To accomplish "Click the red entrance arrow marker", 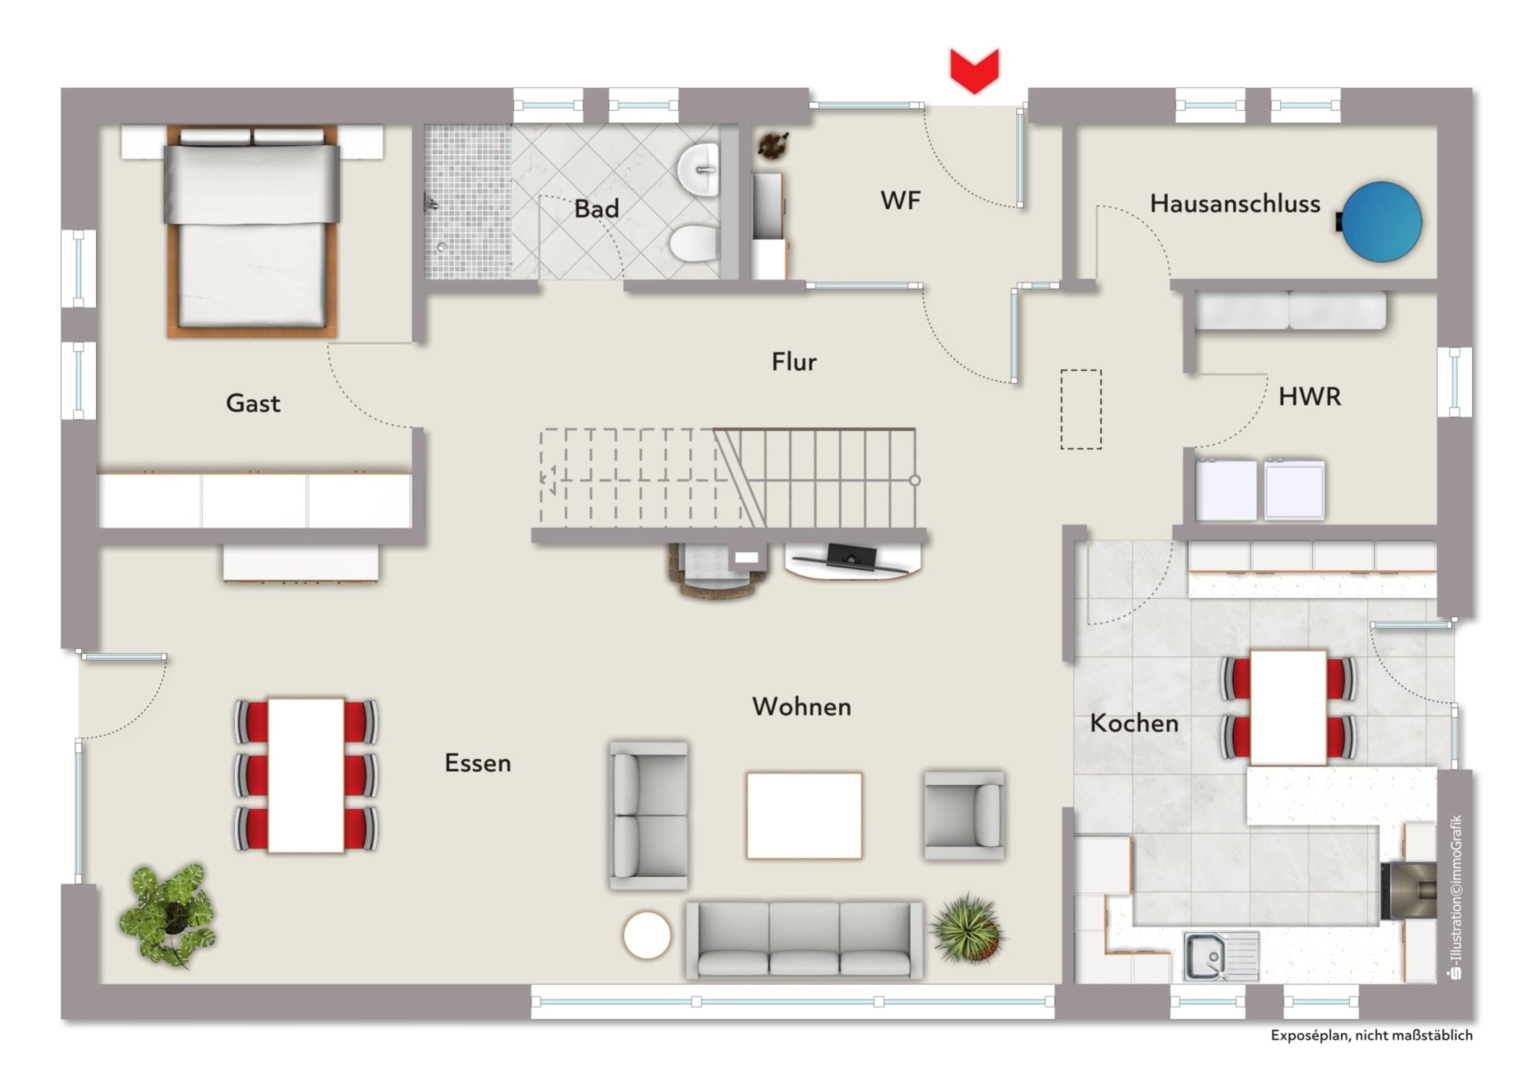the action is click(x=974, y=70).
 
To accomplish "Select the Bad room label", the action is click(x=596, y=209).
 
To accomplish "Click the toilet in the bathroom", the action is click(x=694, y=243).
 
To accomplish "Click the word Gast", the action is click(x=253, y=403).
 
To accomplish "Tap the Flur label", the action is click(x=794, y=362).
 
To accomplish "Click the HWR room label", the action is click(x=1309, y=397).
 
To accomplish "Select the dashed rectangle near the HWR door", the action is click(x=1081, y=408).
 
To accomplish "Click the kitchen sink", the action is click(x=1221, y=956).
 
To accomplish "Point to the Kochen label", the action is click(x=1134, y=723).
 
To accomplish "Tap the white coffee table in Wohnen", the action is click(x=804, y=816).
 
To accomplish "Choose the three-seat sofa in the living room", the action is click(x=804, y=940).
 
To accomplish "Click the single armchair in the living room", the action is click(x=964, y=815).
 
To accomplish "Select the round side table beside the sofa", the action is click(x=646, y=935).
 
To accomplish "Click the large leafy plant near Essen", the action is click(x=168, y=914).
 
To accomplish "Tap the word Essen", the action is click(x=477, y=763).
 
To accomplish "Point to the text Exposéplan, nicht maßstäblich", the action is click(x=1372, y=1035).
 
